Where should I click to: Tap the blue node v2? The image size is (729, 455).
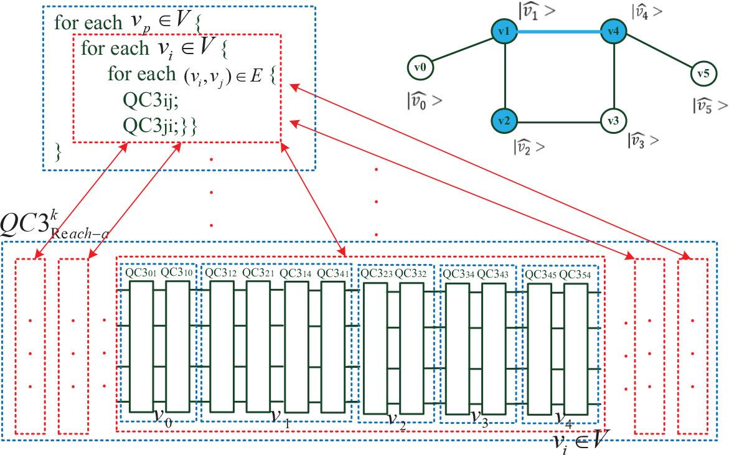click(504, 121)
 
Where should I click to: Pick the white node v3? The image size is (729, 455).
click(614, 121)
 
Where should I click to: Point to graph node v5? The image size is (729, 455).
click(703, 73)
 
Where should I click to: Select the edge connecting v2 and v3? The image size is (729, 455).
click(559, 121)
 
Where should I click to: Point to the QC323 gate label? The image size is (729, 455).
click(377, 273)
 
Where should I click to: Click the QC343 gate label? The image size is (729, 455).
click(494, 273)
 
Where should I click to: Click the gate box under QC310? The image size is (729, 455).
click(177, 345)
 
